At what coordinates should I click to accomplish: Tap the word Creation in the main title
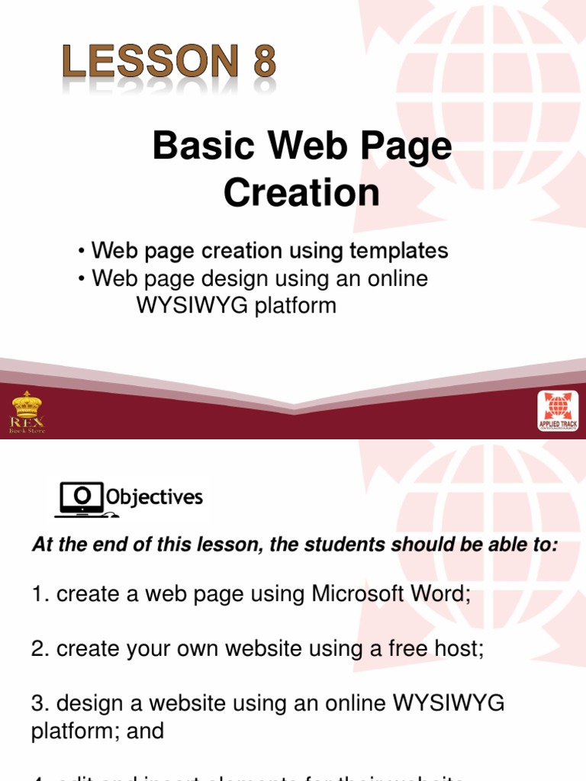(x=301, y=194)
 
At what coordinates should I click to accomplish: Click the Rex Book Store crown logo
(x=27, y=412)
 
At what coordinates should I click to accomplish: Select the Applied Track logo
(x=558, y=412)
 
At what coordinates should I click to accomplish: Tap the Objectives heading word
(x=155, y=498)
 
